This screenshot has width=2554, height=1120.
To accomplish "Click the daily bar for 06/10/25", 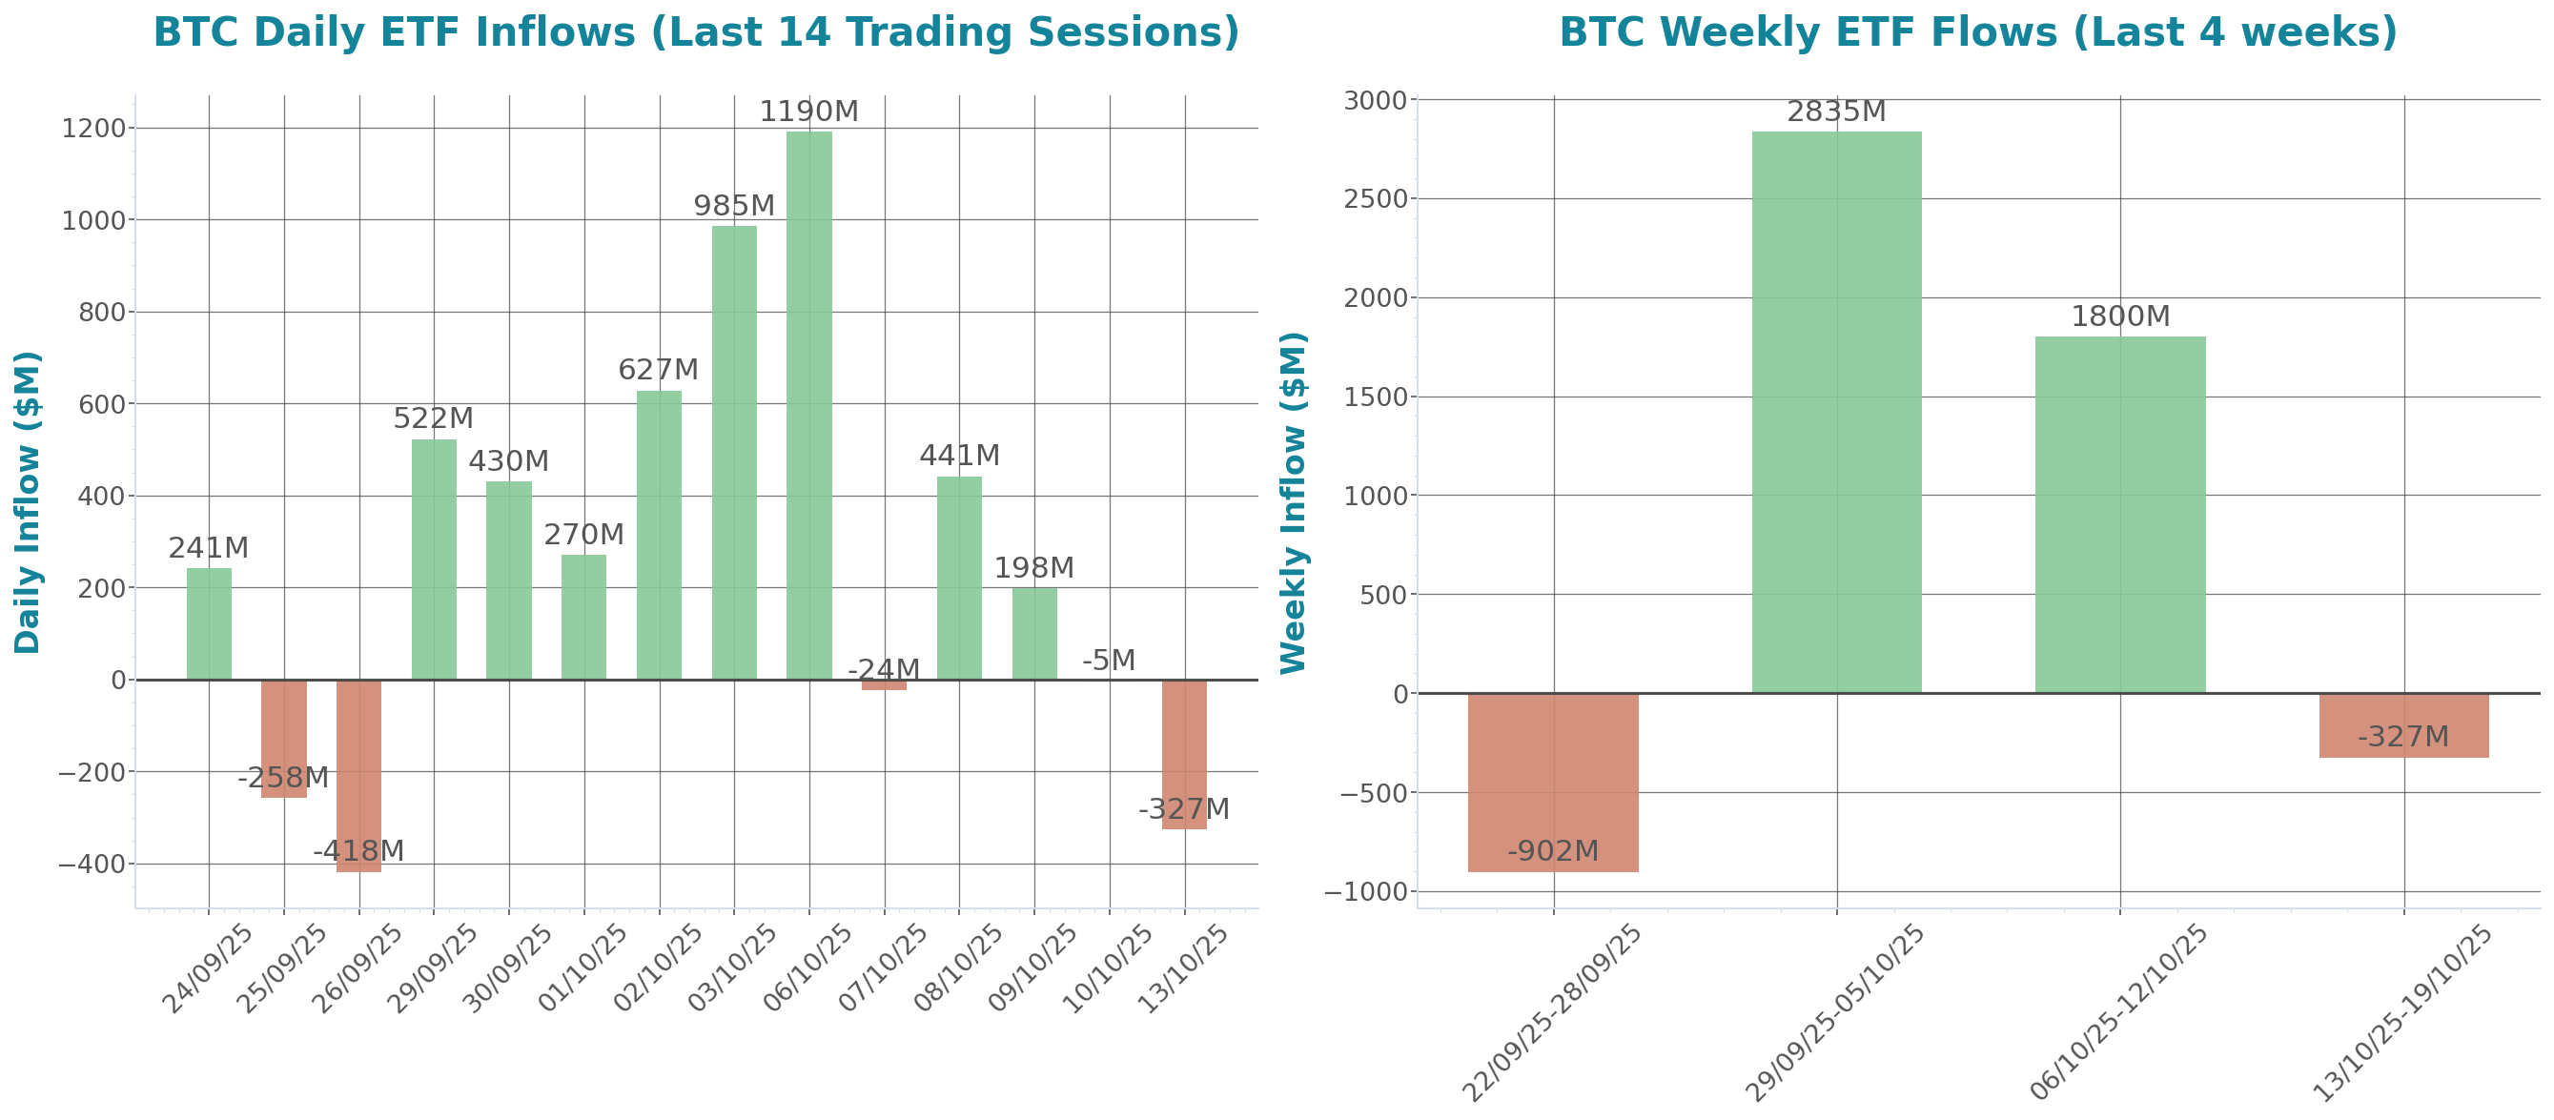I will coord(809,406).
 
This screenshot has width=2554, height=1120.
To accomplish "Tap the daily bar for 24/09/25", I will coord(209,623).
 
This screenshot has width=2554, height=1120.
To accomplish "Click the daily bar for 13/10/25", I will coord(1184,753).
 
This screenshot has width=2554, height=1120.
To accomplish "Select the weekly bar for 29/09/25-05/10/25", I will coord(1836,412).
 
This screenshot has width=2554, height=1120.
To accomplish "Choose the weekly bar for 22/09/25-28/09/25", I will coord(1553,782).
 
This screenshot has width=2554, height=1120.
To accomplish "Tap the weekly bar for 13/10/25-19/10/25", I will coord(2403,725).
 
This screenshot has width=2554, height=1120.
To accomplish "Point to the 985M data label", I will coord(734,205).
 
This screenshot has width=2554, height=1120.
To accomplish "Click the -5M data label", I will coord(1109,661).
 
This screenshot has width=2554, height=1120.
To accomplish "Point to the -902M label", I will coord(1553,851).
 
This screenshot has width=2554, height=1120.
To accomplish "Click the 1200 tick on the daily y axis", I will coord(93,128).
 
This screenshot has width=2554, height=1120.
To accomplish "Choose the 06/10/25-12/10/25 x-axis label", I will coord(2117,1013).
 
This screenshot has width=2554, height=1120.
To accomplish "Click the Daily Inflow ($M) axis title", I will coord(28,501).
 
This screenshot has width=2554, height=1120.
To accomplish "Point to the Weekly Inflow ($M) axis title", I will coord(1294,501).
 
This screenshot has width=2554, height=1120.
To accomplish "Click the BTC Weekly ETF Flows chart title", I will coord(1978,31).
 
